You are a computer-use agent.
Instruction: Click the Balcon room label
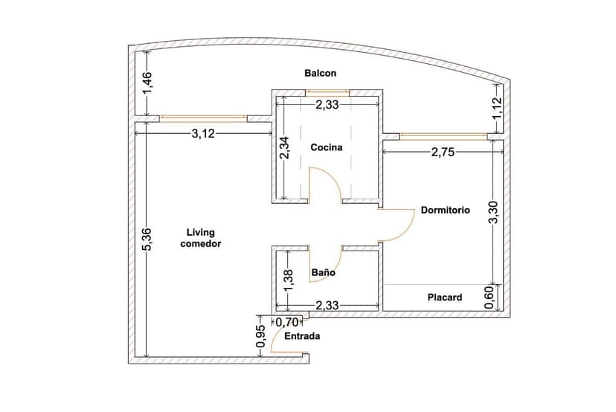click(321, 73)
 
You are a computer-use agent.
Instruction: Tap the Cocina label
click(327, 147)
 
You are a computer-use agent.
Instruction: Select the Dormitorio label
click(446, 210)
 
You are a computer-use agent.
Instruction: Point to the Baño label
click(323, 273)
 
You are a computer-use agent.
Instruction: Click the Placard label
click(445, 297)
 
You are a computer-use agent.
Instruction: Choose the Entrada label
click(302, 336)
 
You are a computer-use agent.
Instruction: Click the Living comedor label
click(201, 238)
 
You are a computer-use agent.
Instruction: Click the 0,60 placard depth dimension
click(490, 297)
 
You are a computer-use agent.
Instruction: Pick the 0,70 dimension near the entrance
click(286, 323)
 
